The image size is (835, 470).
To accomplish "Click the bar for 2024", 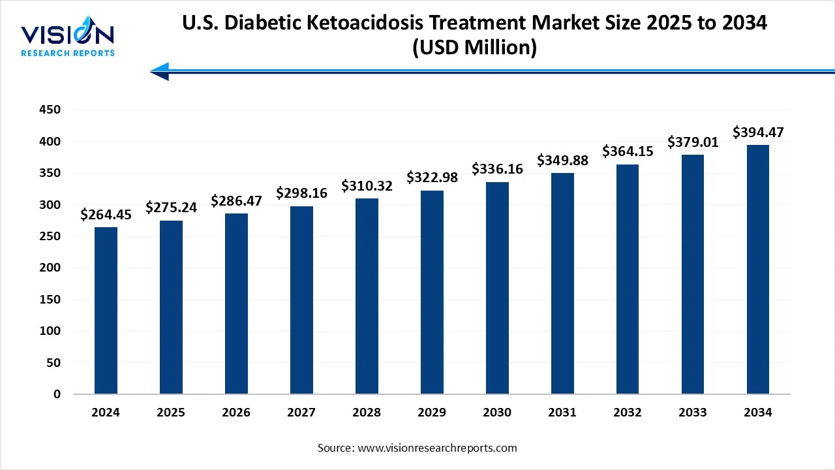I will (106, 311).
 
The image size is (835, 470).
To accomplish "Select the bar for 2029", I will (432, 292).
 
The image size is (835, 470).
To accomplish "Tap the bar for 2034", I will (758, 269).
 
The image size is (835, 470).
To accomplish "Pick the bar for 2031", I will (562, 283).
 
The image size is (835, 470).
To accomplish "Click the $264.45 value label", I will (106, 214).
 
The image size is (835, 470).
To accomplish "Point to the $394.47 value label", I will (758, 133).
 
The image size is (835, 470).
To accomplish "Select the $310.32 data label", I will (367, 186).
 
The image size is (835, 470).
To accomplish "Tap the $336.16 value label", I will (497, 170).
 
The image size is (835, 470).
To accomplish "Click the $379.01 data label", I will (693, 142).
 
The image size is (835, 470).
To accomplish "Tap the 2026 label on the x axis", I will (236, 413).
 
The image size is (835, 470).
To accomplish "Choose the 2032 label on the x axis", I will (628, 413).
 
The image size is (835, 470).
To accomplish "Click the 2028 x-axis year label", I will (367, 413).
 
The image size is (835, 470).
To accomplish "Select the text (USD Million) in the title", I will (474, 48).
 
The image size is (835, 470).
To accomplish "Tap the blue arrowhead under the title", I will (160, 71).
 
